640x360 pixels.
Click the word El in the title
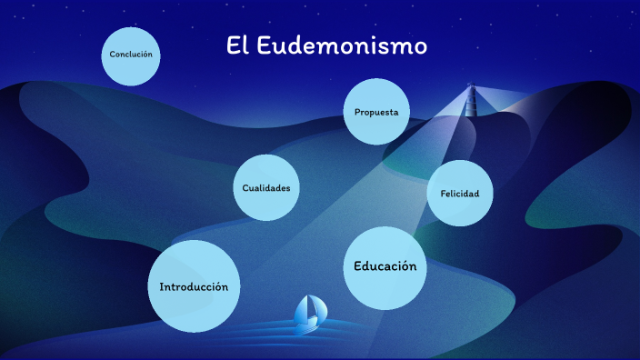tap(238, 46)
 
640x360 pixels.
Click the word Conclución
tap(130, 55)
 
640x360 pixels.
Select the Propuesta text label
tap(376, 112)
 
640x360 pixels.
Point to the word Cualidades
tap(266, 188)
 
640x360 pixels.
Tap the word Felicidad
tap(459, 194)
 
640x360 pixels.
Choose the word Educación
tap(385, 266)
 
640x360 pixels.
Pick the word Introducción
tap(194, 286)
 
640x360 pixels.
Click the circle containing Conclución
tap(130, 68)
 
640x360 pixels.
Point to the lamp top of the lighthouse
tap(471, 87)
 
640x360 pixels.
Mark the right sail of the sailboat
tap(315, 308)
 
